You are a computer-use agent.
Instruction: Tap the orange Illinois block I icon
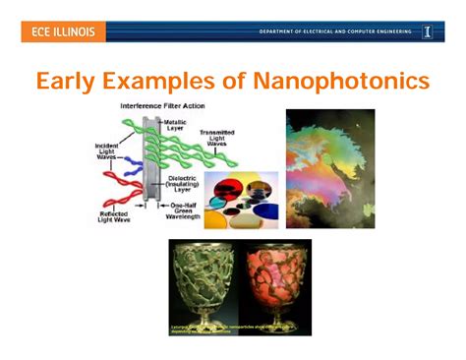click(428, 32)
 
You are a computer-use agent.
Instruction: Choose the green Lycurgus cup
click(204, 284)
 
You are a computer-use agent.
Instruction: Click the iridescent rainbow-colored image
click(329, 167)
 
